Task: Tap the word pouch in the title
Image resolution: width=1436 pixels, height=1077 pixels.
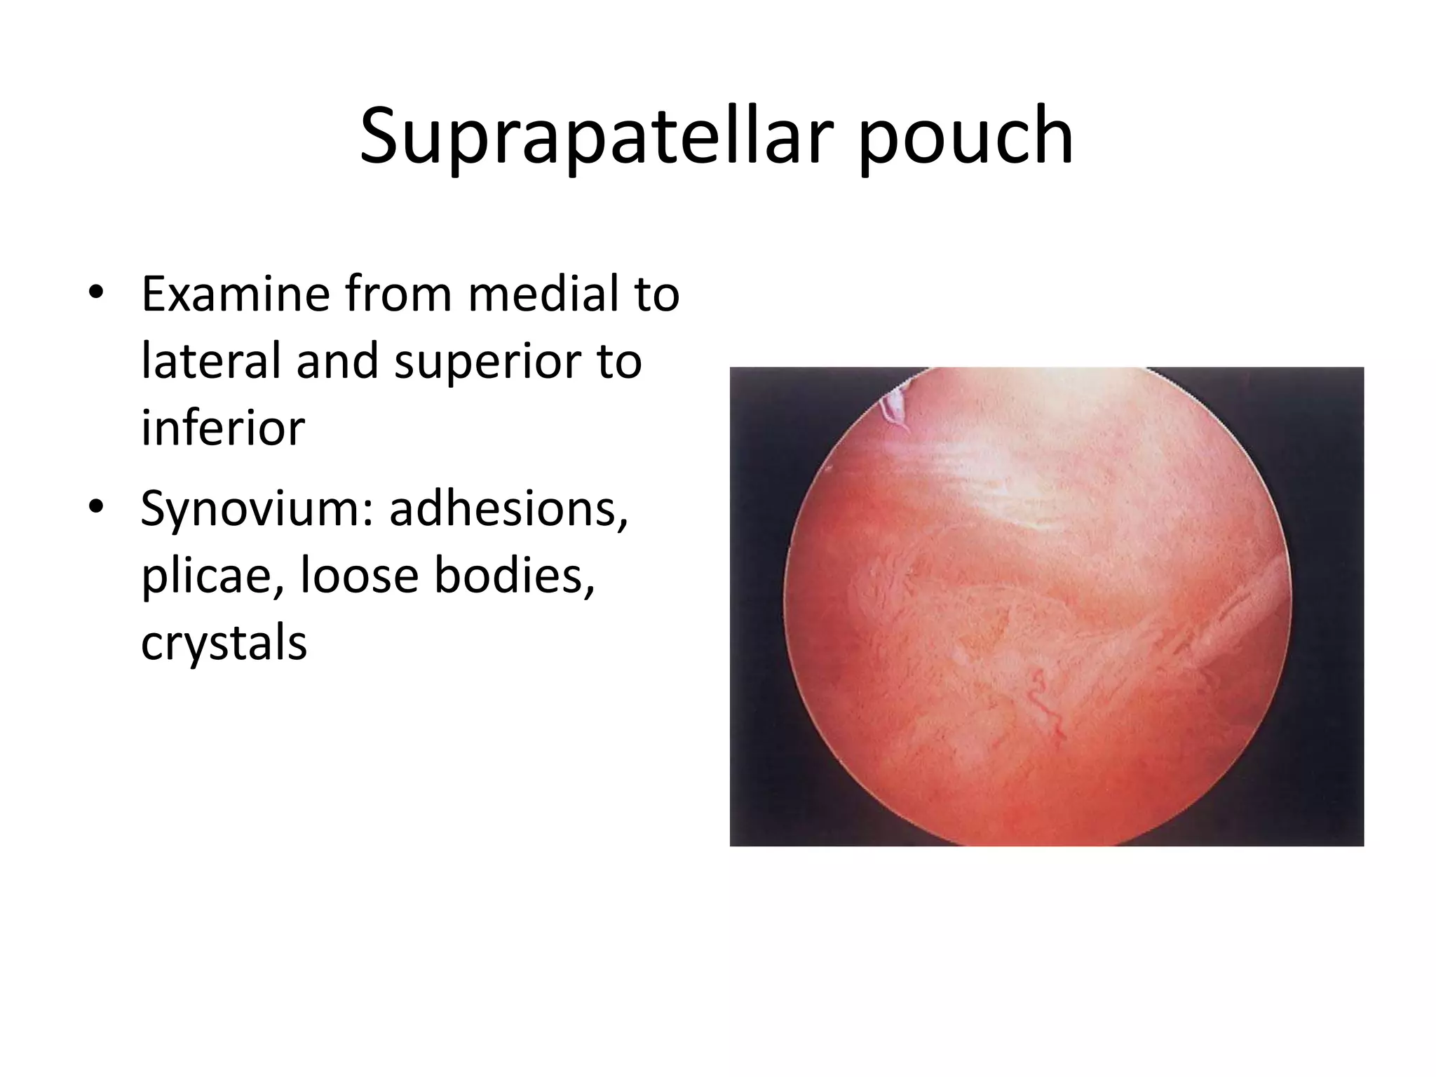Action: (966, 137)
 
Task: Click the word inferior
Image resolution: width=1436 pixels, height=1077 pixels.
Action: (222, 428)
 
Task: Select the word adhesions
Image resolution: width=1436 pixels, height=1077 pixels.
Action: (509, 508)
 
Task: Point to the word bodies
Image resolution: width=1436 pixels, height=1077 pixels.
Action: (515, 576)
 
